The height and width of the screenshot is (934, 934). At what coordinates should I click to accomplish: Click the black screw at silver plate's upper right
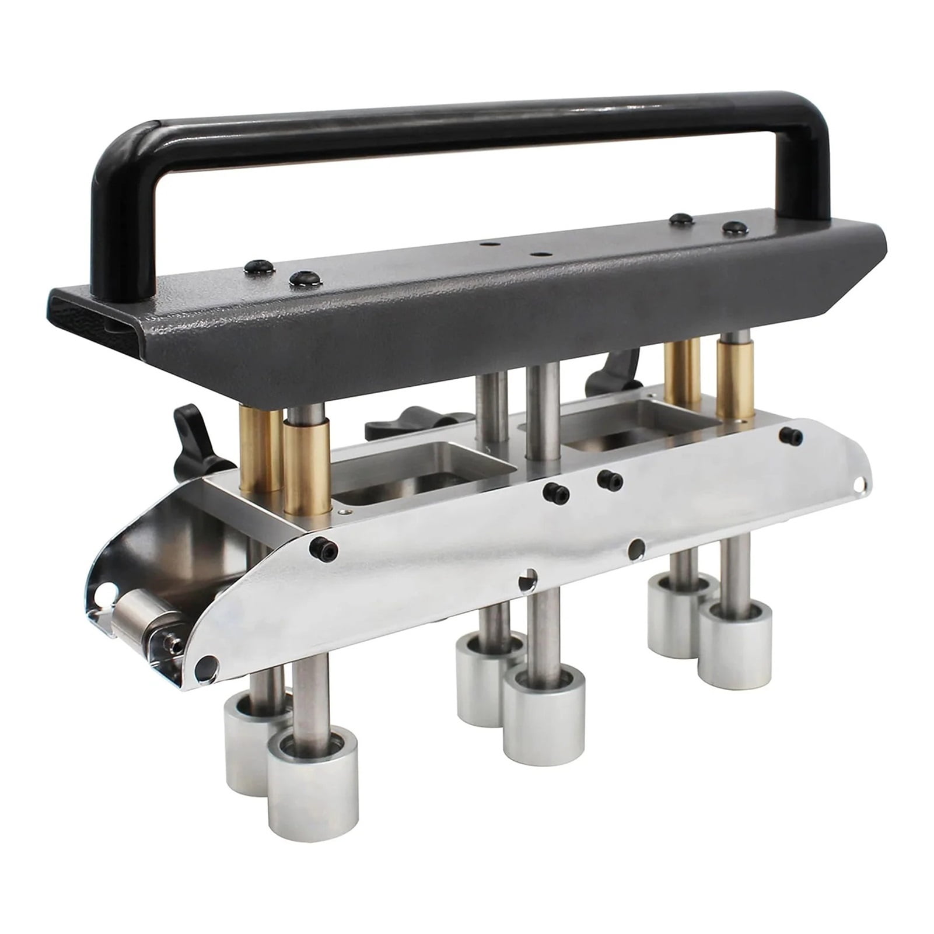coord(791,435)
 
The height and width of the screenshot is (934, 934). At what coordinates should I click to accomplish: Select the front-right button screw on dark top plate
coord(733,227)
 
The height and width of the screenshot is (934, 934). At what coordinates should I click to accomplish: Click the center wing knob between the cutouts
coord(408,426)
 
